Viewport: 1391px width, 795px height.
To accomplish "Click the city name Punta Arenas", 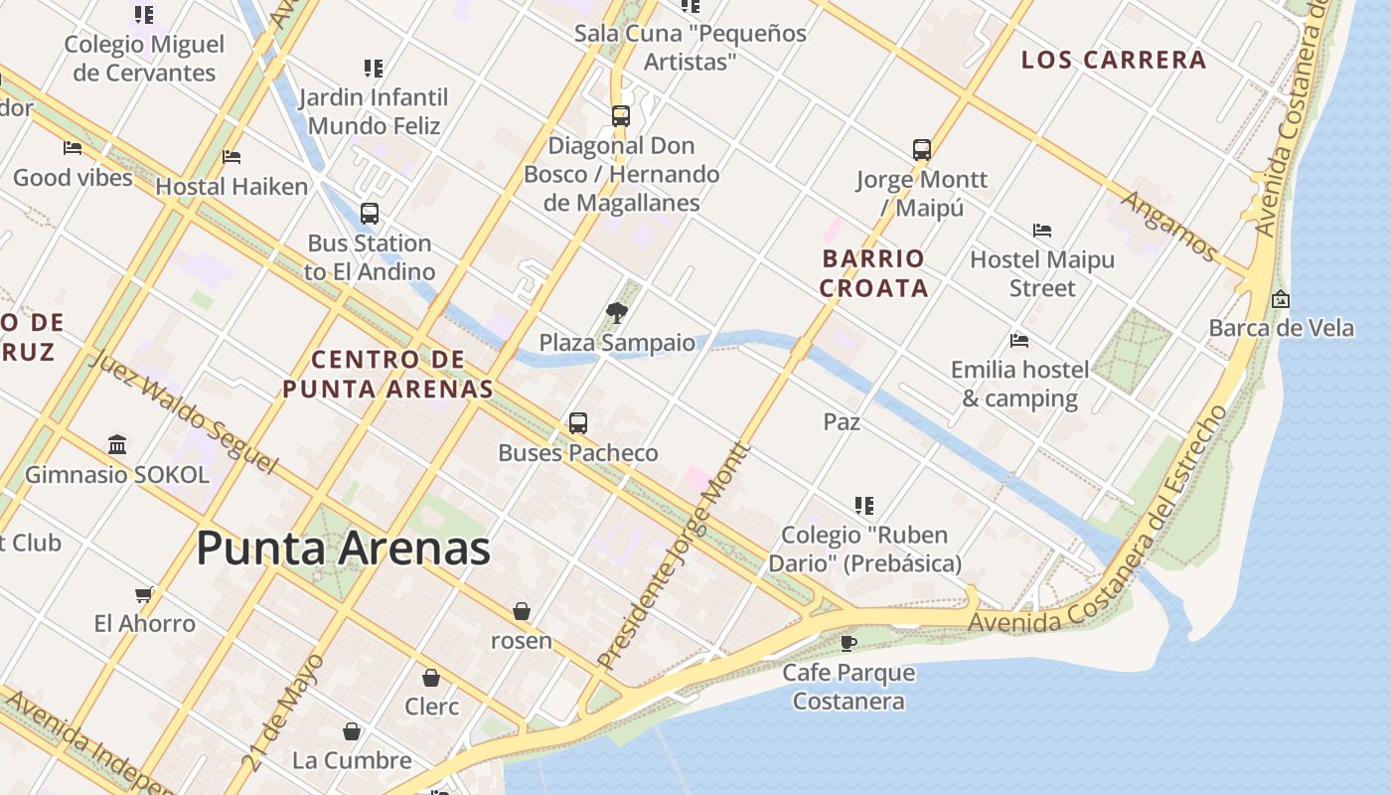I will (x=343, y=549).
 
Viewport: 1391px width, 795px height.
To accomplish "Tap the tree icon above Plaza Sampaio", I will (x=617, y=313).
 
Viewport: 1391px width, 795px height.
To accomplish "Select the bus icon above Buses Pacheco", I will (x=578, y=423).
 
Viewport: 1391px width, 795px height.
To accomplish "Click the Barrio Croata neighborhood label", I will (x=874, y=273).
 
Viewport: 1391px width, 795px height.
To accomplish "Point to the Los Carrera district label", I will (x=1114, y=60).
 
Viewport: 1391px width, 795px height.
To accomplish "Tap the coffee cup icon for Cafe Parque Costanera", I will (x=849, y=643).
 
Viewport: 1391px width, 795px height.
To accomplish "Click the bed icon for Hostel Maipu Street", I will (x=1042, y=231).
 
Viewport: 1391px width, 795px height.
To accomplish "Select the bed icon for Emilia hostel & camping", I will (x=1019, y=341).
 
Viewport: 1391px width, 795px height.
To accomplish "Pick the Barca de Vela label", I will (x=1281, y=328).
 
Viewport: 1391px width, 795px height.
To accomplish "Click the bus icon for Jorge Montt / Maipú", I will (x=922, y=150).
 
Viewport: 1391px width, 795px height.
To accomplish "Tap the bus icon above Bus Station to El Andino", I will (x=370, y=214).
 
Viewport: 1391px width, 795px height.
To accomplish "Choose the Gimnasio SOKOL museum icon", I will (x=117, y=444).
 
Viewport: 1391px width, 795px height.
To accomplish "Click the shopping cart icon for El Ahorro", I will (x=145, y=594).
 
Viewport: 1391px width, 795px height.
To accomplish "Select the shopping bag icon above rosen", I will (x=522, y=611).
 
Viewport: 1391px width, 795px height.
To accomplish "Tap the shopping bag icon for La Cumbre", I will (x=352, y=732).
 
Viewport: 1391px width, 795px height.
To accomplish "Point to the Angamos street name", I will (x=1168, y=226).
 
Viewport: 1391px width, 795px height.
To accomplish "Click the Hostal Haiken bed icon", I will (x=232, y=157).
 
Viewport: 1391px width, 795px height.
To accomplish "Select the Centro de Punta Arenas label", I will (x=387, y=374).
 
